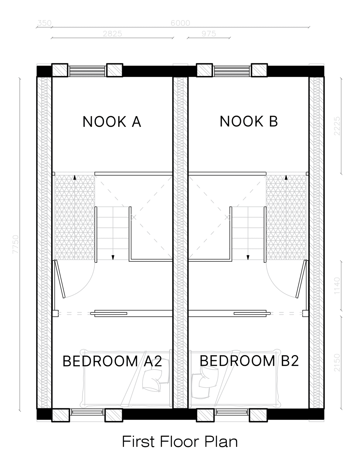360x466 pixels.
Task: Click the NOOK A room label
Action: click(112, 122)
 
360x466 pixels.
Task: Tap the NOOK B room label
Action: click(249, 121)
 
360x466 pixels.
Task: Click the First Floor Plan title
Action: click(180, 441)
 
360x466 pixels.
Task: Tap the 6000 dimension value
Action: click(180, 23)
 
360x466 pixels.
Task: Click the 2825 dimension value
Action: click(112, 34)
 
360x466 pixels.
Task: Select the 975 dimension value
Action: click(209, 34)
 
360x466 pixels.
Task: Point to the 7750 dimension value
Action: click(16, 245)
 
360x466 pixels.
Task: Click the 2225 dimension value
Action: click(337, 126)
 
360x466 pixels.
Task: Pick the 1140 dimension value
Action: click(337, 286)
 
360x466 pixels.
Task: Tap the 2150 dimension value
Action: click(337, 363)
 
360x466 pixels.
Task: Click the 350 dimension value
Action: click(44, 23)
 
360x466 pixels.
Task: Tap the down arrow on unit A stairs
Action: click(113, 257)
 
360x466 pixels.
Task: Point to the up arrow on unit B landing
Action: click(286, 177)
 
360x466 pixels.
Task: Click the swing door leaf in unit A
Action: click(59, 279)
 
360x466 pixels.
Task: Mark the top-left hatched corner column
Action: click(60, 70)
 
